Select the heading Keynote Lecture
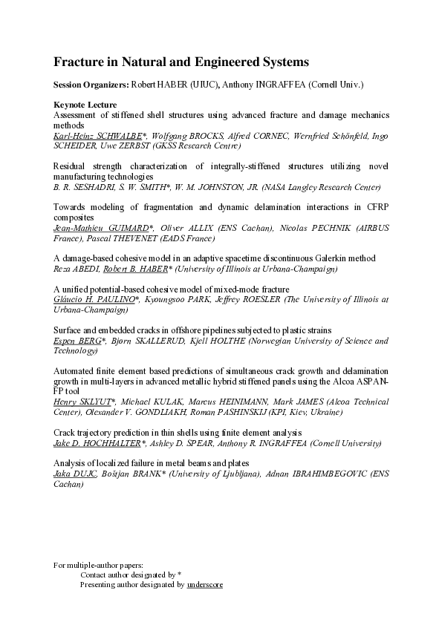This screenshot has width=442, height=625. click(x=85, y=105)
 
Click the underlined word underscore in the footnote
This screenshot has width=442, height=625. click(x=204, y=584)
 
